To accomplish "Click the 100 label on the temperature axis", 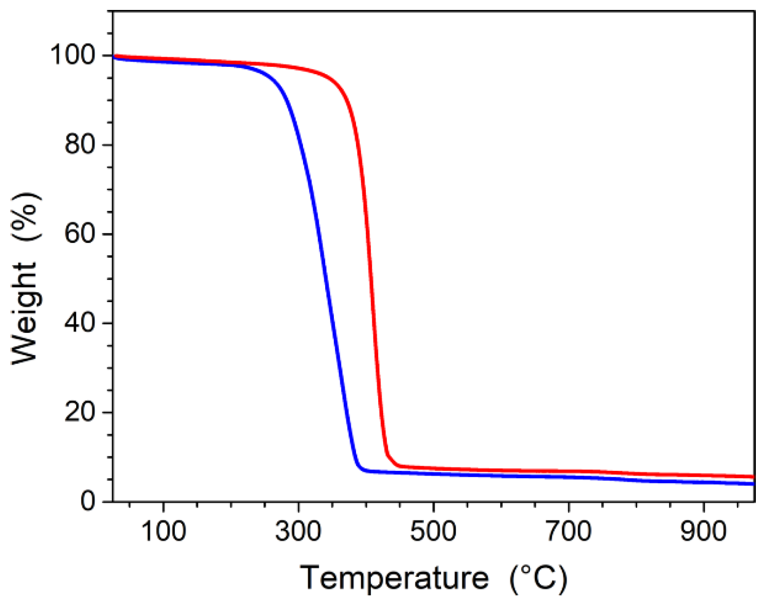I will pyautogui.click(x=163, y=531).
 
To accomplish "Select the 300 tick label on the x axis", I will pyautogui.click(x=298, y=531).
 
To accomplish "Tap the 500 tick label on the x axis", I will pyautogui.click(x=433, y=531).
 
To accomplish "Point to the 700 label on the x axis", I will pyautogui.click(x=568, y=531).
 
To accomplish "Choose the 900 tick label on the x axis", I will pyautogui.click(x=703, y=531).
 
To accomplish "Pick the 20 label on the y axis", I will pyautogui.click(x=80, y=412).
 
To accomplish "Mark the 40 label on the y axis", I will pyautogui.click(x=80, y=323).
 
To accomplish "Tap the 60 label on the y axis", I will pyautogui.click(x=80, y=234).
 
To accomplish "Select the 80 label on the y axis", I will pyautogui.click(x=80, y=145).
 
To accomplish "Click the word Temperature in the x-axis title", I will pyautogui.click(x=394, y=578).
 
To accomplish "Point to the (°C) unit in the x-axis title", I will pyautogui.click(x=538, y=578).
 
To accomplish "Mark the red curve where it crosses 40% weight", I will pyautogui.click(x=374, y=323).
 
